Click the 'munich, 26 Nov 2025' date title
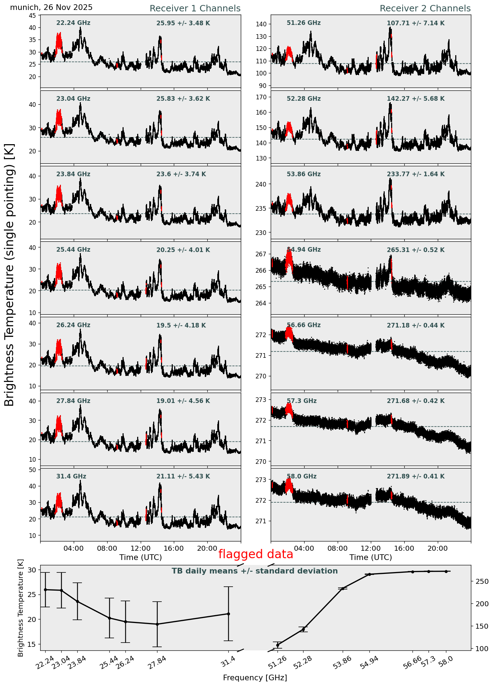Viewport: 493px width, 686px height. pos(51,7)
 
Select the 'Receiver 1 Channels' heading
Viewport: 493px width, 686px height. pos(195,9)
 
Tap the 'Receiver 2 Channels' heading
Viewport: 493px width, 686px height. pos(425,9)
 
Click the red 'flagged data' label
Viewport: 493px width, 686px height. pos(255,554)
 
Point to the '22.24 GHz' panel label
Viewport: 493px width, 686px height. pos(73,23)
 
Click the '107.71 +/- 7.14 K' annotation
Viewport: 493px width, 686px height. pos(416,23)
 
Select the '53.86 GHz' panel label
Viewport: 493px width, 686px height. pos(303,174)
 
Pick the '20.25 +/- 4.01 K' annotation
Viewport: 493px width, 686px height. pos(183,250)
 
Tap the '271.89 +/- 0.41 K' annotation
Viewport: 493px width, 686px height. pos(416,476)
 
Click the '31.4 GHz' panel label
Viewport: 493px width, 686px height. pos(71,476)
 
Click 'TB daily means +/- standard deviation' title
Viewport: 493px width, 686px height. pos(255,571)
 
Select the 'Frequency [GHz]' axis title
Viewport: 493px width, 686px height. pos(255,677)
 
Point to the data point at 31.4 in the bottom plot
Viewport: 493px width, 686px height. pos(228,614)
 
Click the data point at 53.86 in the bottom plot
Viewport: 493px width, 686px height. pos(343,589)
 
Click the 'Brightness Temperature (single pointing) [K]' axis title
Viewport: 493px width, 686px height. pos(10,274)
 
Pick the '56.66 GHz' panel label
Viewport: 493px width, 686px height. pos(303,325)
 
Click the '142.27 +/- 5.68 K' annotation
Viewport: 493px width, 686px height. pos(416,99)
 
